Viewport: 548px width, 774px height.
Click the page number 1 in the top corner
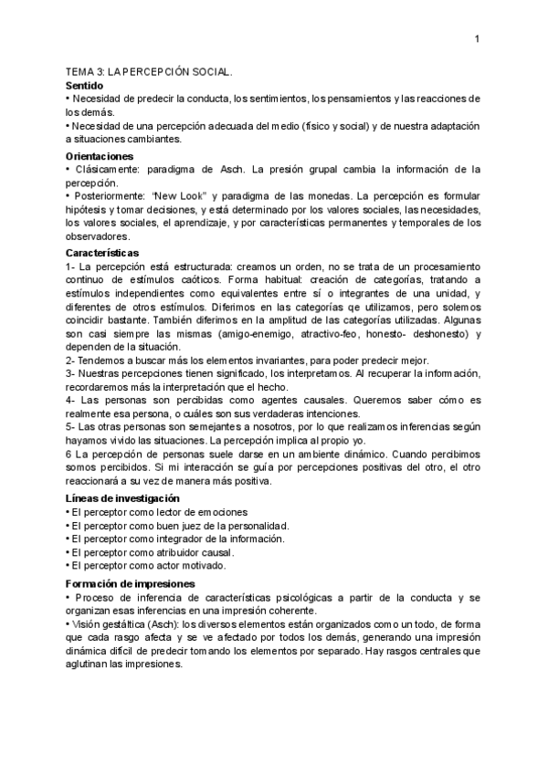[477, 38]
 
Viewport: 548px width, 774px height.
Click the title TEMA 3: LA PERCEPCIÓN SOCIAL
[150, 70]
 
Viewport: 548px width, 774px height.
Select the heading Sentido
[87, 84]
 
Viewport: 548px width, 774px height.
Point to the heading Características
[102, 251]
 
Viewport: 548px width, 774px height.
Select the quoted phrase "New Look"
[184, 195]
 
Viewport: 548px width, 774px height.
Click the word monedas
[326, 195]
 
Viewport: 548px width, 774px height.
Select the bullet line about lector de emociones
[159, 512]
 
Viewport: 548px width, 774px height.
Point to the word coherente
[291, 611]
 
